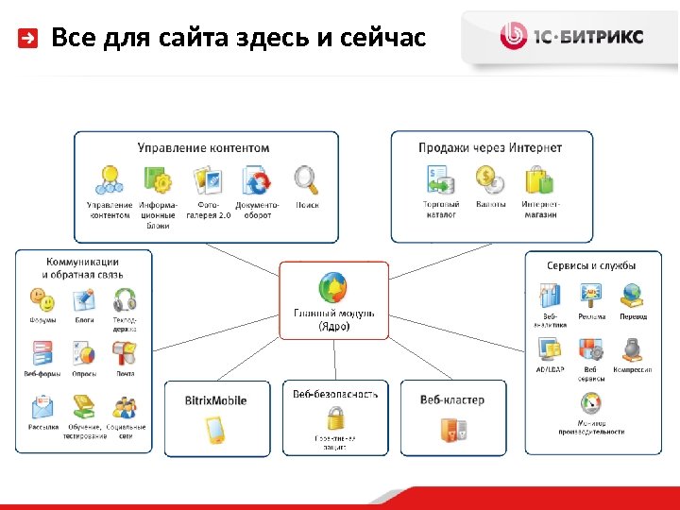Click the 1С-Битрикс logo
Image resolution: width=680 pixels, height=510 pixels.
(x=571, y=37)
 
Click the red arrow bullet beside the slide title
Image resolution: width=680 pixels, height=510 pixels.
(x=29, y=39)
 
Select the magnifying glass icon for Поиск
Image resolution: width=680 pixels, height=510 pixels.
(x=306, y=178)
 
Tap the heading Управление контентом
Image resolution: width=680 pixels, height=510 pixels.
(x=203, y=147)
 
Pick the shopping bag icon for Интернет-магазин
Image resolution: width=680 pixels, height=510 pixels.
(x=539, y=178)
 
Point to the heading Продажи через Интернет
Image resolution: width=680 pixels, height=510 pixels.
(x=490, y=147)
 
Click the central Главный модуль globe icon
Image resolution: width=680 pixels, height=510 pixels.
(x=333, y=285)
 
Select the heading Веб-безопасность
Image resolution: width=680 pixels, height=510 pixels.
(x=334, y=394)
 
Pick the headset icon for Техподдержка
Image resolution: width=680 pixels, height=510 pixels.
(x=125, y=300)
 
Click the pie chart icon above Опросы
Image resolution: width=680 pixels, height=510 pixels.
(x=83, y=353)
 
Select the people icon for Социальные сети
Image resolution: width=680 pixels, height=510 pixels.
(x=125, y=407)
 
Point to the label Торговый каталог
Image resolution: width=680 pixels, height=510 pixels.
(x=441, y=209)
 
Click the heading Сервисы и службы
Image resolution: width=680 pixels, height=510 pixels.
(x=591, y=265)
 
